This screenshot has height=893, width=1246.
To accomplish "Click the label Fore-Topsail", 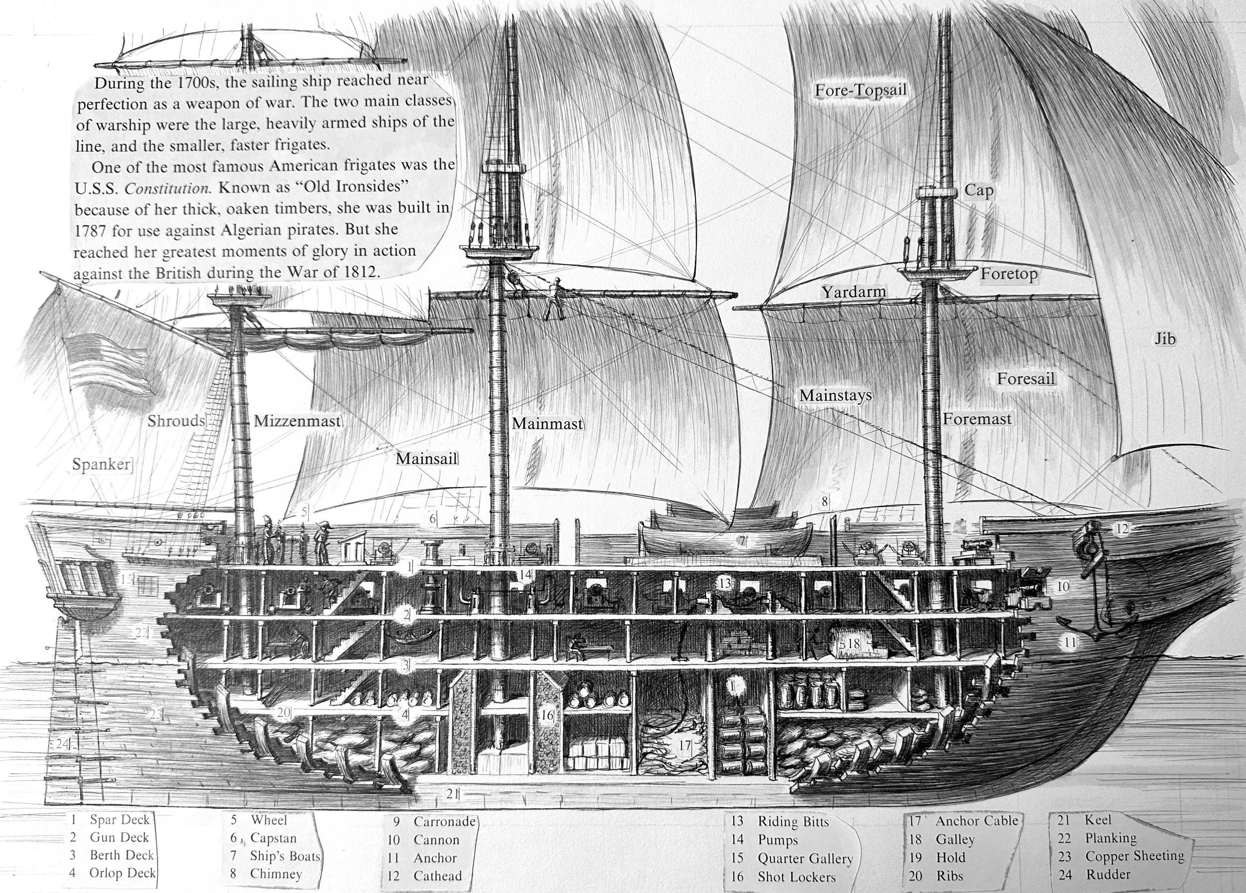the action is point(860,91).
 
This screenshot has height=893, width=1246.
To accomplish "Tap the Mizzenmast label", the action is point(297,421).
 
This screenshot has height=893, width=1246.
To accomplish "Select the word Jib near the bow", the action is point(1165,339).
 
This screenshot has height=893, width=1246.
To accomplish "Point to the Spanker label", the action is point(102,464).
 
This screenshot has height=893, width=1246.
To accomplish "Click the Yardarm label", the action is point(854,292).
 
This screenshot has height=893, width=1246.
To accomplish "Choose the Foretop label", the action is point(1009,274).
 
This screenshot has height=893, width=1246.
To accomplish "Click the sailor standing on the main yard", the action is point(555,299).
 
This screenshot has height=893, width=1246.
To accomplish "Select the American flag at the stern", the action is point(107,362).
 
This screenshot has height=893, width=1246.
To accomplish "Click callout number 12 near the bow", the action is point(1121,528).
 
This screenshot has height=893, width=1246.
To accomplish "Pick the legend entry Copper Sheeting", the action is point(1134,856).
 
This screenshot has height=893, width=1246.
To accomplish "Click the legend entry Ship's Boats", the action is point(285,856).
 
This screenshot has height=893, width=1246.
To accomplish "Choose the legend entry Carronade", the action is point(444,822).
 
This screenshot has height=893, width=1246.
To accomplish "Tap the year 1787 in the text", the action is point(90,231).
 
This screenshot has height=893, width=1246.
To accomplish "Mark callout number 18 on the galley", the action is point(853,643).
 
